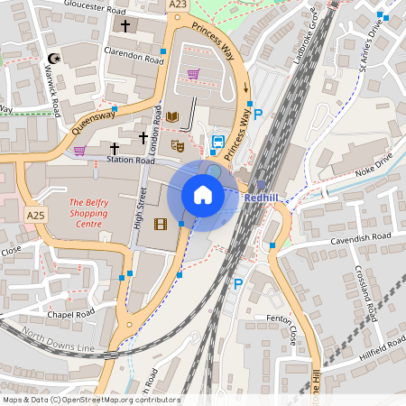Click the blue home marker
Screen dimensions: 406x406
(x=203, y=195)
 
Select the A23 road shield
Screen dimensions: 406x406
(x=179, y=5)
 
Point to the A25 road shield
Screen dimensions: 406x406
(x=35, y=216)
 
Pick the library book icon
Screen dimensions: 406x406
(x=172, y=117)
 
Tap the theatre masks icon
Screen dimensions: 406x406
(x=178, y=143)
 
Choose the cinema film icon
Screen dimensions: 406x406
(x=161, y=224)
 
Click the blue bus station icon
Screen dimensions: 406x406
(x=217, y=142)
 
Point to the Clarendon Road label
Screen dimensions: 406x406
(x=134, y=54)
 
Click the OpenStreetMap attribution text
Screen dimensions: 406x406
(x=90, y=400)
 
